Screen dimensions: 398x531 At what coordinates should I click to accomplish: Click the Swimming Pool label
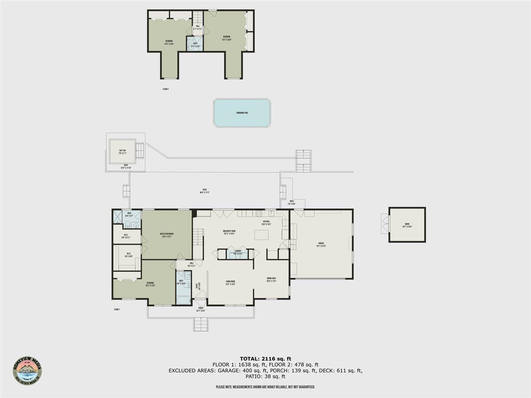click(242, 113)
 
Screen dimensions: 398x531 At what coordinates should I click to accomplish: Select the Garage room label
click(322, 245)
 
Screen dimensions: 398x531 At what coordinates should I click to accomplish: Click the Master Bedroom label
click(167, 235)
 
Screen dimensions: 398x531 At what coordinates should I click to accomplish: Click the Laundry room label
click(238, 252)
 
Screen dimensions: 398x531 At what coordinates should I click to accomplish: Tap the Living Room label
click(230, 283)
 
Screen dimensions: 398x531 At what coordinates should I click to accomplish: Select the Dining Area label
click(272, 279)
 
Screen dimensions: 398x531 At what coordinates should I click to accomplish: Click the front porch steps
click(200, 325)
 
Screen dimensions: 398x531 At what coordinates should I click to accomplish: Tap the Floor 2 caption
click(165, 89)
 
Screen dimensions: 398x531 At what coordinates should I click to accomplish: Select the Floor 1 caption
click(117, 310)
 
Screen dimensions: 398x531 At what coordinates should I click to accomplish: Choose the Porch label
click(200, 309)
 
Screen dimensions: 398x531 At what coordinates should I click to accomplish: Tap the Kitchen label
click(267, 222)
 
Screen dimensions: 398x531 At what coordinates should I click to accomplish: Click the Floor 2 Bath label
click(195, 44)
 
